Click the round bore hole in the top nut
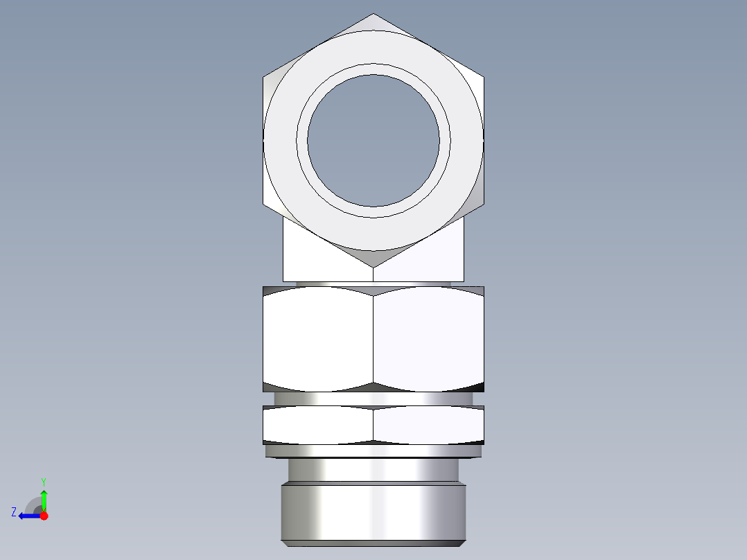pos(373,141)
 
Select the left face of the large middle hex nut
pos(318,340)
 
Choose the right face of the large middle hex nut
pos(428,340)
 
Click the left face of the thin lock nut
pos(318,424)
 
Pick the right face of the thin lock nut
pos(428,424)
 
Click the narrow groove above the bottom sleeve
pos(373,471)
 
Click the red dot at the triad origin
pos(44,516)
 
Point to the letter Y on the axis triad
pos(43,481)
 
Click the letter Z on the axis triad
pos(14,512)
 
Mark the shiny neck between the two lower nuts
pos(373,399)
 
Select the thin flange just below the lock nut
pos(373,451)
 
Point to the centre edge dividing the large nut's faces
pos(373,340)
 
